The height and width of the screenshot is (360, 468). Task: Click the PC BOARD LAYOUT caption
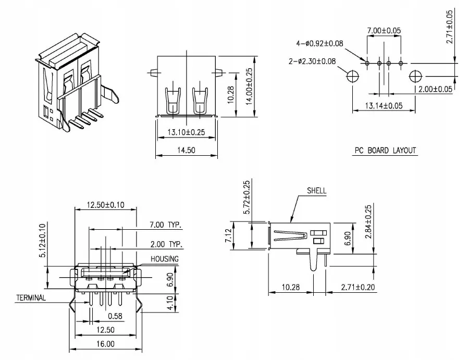(385, 151)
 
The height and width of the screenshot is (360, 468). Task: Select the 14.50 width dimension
(186, 150)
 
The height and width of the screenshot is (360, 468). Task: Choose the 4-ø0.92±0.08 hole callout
(319, 43)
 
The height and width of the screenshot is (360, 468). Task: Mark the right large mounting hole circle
(415, 77)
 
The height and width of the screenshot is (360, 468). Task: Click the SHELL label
(316, 191)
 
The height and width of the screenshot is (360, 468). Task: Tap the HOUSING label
(165, 259)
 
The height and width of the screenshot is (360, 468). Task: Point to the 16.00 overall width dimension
(106, 344)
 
